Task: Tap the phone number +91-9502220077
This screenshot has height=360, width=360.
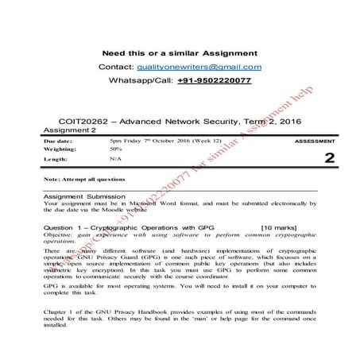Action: tap(214, 80)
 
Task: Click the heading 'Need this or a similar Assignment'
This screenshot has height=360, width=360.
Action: tap(179, 52)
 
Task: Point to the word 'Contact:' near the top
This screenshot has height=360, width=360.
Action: tap(120, 67)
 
